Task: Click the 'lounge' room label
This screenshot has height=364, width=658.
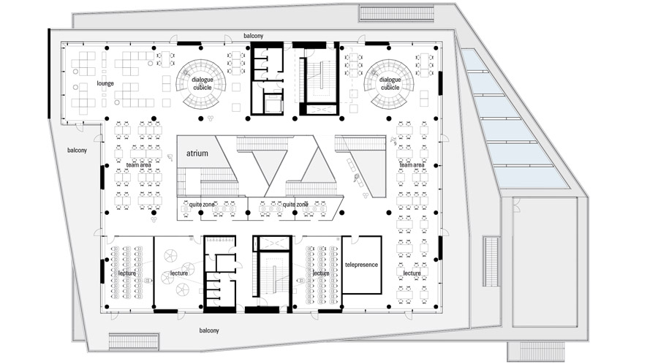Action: pos(105,83)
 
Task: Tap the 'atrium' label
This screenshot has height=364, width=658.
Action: pos(197,153)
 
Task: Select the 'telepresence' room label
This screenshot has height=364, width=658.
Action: pos(361,265)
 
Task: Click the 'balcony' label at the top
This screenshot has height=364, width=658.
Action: pos(254,36)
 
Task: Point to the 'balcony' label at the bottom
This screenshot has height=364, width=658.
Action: pos(209,330)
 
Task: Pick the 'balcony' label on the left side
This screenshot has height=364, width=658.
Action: pos(77,150)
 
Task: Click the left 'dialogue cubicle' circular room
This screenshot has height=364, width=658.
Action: pos(201,83)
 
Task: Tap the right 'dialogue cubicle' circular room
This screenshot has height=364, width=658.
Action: pos(389,83)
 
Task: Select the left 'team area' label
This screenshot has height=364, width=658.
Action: pos(139,165)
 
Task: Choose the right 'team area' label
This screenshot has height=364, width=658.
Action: pos(412,165)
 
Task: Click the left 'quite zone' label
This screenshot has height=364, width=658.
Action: pos(202,205)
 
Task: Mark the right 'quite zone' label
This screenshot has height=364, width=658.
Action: pos(295,205)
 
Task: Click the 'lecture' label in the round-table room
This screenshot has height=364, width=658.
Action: pos(179,273)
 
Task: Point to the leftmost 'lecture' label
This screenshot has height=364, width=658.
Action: pos(127,273)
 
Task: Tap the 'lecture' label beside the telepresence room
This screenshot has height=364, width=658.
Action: pos(321,273)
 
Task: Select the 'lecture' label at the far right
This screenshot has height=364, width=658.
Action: pos(412,273)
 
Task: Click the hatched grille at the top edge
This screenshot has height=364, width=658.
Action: pos(396,13)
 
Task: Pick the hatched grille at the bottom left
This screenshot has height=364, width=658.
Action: pos(134,342)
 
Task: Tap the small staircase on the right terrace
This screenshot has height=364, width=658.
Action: pos(491,262)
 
